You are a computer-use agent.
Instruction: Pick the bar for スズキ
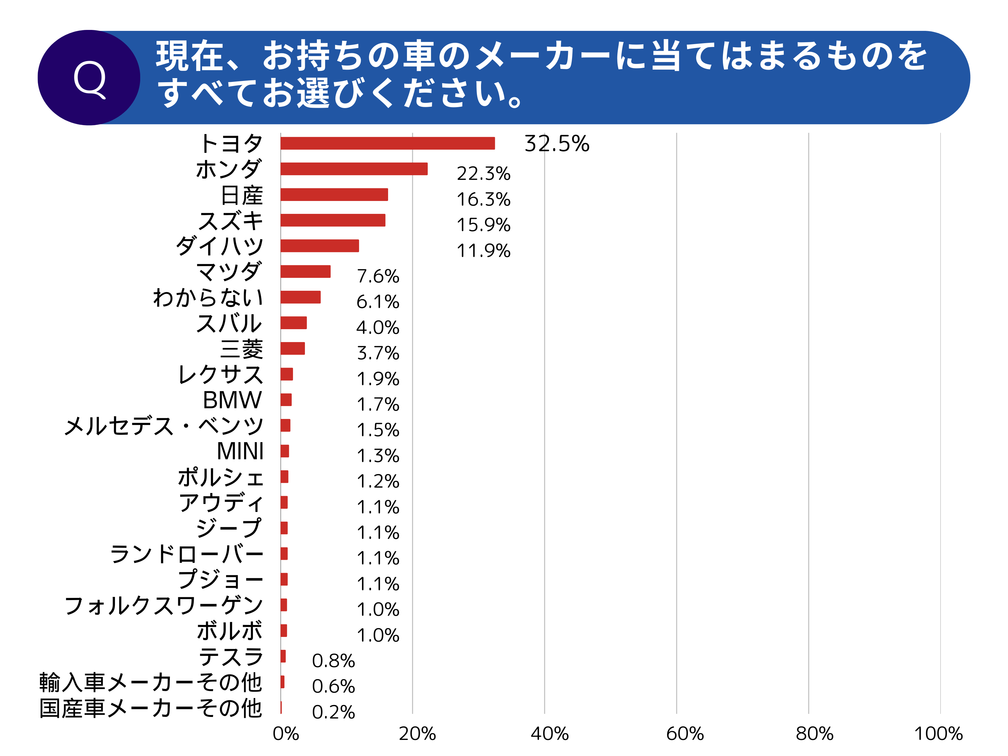333,220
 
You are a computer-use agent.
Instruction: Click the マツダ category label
229,272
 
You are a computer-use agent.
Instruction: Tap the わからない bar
300,297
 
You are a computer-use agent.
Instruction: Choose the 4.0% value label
377,328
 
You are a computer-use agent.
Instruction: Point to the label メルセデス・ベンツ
163,426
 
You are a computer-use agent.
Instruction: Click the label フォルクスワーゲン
163,606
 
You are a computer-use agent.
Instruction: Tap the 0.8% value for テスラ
333,661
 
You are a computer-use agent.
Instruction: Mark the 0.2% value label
333,712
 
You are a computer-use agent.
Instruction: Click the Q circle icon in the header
89,77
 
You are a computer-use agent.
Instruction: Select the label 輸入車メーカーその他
150,683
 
